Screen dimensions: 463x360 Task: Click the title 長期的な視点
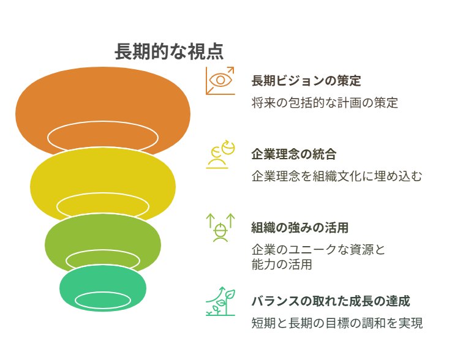[169, 51]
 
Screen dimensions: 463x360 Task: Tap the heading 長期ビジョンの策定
[306, 81]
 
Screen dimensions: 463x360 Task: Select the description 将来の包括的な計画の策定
[325, 103]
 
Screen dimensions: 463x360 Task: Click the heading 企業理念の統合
[294, 154]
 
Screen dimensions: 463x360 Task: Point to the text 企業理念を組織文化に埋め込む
[337, 176]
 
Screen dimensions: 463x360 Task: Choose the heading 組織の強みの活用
[300, 228]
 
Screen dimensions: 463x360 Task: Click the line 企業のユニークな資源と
[318, 250]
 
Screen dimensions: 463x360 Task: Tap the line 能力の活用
[282, 264]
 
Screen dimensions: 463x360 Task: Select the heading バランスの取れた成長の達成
[331, 301]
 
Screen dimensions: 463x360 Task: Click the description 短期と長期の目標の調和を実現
[337, 323]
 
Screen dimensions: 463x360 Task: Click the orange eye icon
[220, 81]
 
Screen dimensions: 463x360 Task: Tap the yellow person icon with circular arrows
[220, 154]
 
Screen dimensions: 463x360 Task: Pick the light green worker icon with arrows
[220, 228]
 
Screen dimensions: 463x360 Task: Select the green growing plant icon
[220, 301]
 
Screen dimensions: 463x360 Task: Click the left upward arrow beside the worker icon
[210, 221]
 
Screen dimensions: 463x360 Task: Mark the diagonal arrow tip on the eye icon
[233, 67]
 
